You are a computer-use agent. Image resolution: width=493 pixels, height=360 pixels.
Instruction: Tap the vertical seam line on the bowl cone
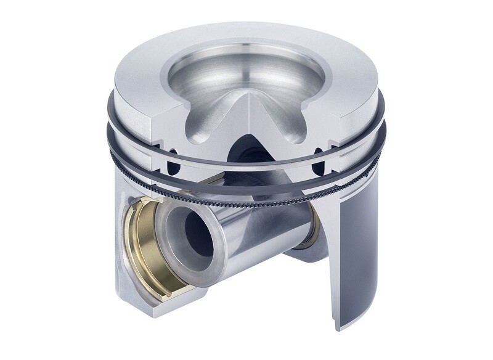249,114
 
